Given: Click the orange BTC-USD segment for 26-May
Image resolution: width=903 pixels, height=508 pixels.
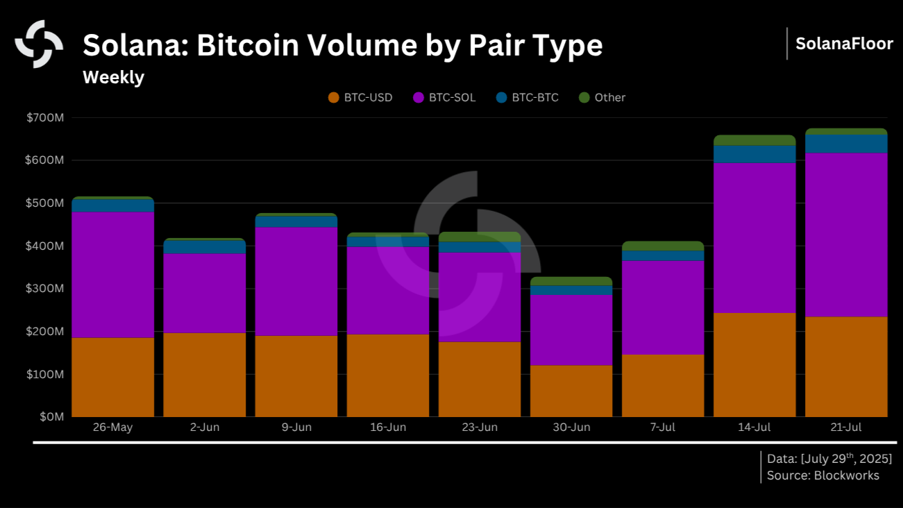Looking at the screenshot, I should (x=112, y=377).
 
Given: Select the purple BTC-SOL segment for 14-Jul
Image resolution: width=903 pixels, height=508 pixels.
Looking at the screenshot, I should (x=754, y=237).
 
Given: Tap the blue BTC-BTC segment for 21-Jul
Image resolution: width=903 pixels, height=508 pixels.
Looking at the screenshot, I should (x=846, y=143).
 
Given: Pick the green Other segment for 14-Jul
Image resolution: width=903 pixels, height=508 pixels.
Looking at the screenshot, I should (x=754, y=140).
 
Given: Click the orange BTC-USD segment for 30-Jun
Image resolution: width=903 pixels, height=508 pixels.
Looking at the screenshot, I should (x=571, y=391).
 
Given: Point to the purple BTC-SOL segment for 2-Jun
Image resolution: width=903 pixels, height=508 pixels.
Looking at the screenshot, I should (x=204, y=293).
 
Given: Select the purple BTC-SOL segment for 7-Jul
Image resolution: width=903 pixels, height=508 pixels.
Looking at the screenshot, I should (x=663, y=307).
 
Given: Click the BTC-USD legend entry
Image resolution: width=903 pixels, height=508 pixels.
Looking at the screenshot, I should (x=360, y=98).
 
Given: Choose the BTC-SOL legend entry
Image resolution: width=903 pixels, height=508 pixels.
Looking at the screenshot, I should (x=444, y=98).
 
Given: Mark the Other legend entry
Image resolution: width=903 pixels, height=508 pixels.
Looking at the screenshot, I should (x=602, y=98).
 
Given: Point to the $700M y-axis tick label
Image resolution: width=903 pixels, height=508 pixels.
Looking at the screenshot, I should (x=45, y=118).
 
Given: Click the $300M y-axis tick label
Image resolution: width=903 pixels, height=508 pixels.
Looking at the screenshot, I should (x=45, y=289).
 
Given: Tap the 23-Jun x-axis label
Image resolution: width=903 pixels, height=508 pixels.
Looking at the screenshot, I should (x=480, y=427).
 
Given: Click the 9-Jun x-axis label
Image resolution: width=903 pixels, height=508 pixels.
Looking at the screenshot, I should (x=296, y=427).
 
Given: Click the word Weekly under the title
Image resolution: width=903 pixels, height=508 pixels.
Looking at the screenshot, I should (x=113, y=77).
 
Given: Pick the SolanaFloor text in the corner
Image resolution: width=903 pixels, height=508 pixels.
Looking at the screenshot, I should (x=844, y=44).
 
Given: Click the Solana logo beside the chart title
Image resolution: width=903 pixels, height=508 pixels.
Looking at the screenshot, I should (x=39, y=44).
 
